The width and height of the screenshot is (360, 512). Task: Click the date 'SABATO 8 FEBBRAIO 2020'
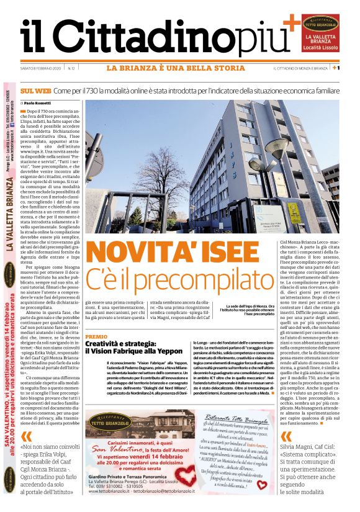click(x=41, y=68)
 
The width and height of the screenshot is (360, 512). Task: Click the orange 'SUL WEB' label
click(x=35, y=91)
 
